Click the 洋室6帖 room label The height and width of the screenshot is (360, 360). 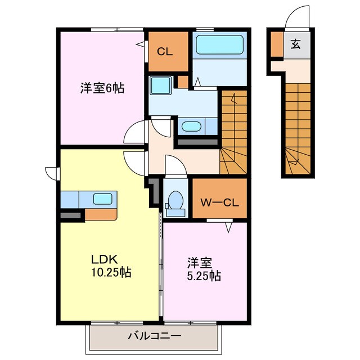101,88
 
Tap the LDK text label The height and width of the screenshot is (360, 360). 104,259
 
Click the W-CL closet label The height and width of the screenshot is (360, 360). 219,202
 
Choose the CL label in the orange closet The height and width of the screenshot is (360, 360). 164,52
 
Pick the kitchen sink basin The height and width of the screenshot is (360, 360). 102,198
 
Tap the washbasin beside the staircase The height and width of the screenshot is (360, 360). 191,126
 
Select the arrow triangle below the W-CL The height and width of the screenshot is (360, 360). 229,228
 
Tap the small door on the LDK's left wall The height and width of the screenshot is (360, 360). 52,173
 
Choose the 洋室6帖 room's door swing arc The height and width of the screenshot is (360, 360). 133,133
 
